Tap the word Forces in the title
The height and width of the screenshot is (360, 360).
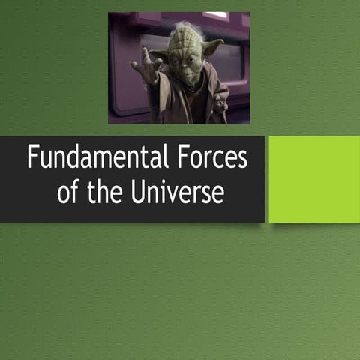[214, 159]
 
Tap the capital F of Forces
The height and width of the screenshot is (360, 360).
[184, 159]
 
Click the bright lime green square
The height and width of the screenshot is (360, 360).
[314, 179]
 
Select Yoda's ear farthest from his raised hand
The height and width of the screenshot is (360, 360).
[212, 47]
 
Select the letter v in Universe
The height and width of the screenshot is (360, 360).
[172, 194]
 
